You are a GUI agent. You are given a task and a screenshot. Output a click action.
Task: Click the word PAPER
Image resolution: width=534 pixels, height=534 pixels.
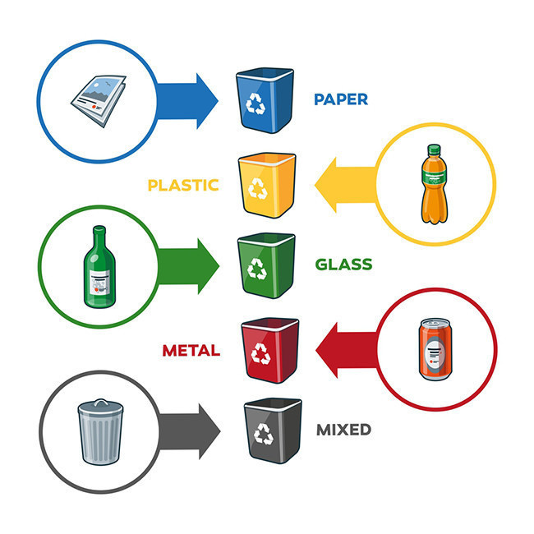[340, 99]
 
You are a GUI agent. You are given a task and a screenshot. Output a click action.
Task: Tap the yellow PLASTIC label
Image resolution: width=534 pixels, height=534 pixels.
[182, 185]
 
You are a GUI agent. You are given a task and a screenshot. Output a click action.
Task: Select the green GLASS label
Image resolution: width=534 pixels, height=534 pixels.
[343, 265]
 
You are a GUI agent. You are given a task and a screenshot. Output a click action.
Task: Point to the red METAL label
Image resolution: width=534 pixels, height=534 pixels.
[191, 351]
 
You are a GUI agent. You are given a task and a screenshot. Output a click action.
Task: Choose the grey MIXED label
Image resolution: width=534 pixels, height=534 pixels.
[343, 429]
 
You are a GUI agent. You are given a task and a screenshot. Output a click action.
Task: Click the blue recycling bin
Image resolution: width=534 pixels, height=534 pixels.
[264, 100]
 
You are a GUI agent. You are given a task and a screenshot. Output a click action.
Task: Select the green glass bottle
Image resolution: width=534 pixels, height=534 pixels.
[97, 267]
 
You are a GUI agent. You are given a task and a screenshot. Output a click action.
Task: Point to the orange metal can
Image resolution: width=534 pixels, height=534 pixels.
[434, 350]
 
